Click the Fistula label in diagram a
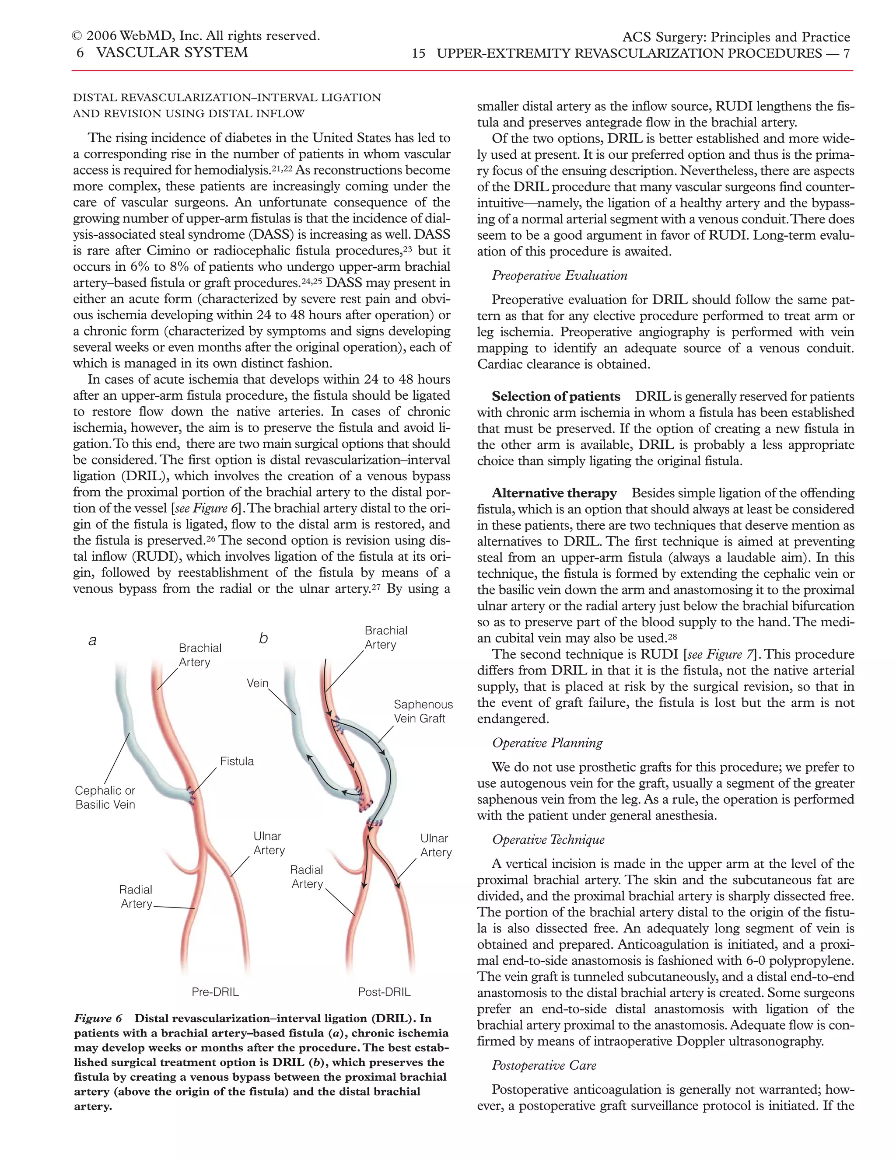(x=237, y=761)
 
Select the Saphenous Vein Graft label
(x=423, y=711)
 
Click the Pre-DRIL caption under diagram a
(x=215, y=991)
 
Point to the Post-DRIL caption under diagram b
(x=384, y=991)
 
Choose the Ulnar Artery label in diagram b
(x=435, y=845)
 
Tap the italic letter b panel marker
(x=263, y=639)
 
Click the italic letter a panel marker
(x=92, y=641)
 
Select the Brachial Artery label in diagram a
(x=199, y=655)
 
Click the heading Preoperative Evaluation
(x=559, y=276)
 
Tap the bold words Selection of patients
(x=555, y=396)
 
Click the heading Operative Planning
(x=547, y=743)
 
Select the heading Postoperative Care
(x=544, y=1065)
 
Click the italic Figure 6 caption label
(x=98, y=1018)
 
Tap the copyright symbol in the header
(x=77, y=36)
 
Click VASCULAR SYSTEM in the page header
(x=172, y=52)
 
